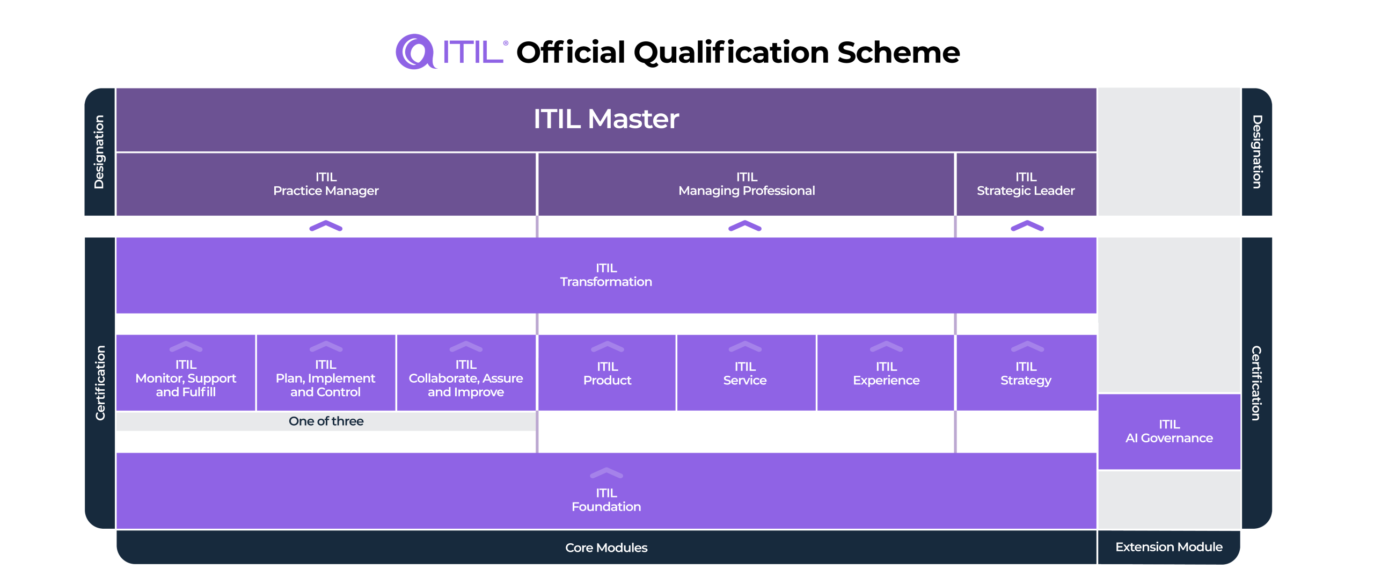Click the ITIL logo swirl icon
(x=415, y=52)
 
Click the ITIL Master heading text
(x=606, y=119)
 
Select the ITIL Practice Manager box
(x=326, y=184)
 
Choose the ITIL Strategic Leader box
(x=1026, y=184)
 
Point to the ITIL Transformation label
(x=606, y=275)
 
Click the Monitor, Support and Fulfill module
(x=186, y=378)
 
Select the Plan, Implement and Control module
(x=326, y=378)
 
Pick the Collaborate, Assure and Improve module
(x=466, y=378)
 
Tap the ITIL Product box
(x=607, y=374)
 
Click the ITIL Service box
(x=745, y=374)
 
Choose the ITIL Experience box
(x=886, y=374)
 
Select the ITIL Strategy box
(x=1026, y=374)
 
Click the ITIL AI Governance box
(x=1169, y=432)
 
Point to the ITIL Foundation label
(x=606, y=500)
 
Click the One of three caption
(x=326, y=421)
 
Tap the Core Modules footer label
(x=606, y=548)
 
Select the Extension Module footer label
(x=1169, y=547)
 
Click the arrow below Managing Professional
(x=745, y=226)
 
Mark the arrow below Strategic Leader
(x=1027, y=226)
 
